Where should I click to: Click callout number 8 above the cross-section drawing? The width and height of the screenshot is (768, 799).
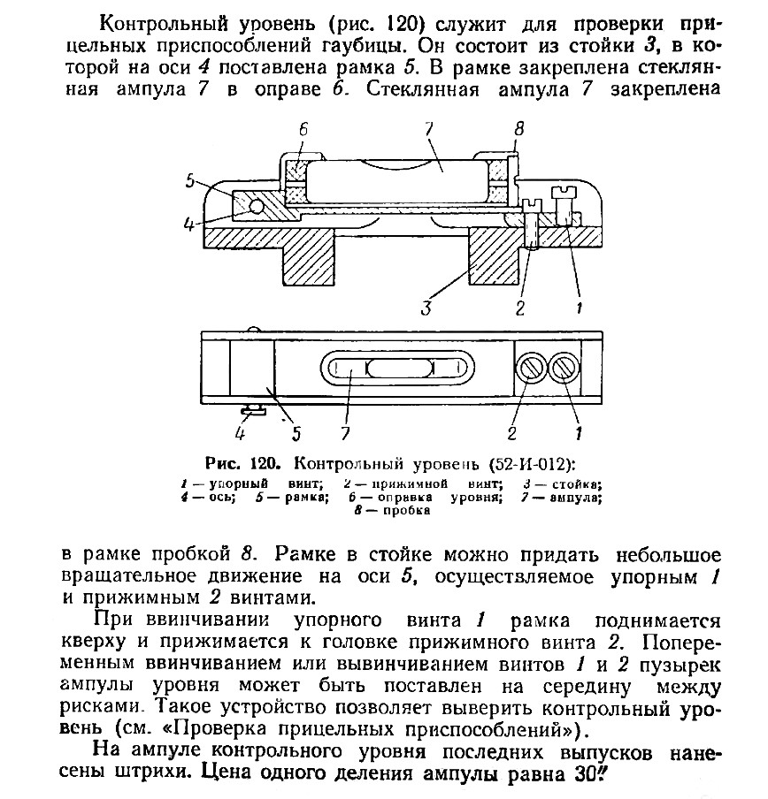pos(519,128)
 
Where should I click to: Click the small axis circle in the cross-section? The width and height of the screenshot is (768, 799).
pos(256,205)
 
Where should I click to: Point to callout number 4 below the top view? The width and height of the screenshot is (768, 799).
pos(239,433)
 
